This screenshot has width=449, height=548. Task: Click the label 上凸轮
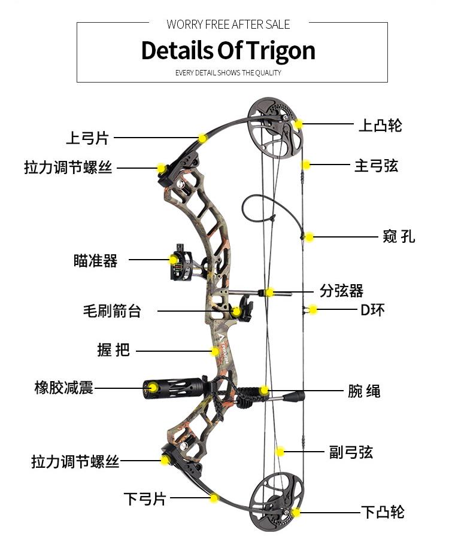[x=380, y=126]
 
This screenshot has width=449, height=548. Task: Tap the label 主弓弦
[x=376, y=166]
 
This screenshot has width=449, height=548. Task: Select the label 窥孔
[x=398, y=237]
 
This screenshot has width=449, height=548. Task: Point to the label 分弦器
[x=342, y=291]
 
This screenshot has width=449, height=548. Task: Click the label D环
[x=372, y=310]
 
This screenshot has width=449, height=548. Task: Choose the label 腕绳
[x=364, y=392]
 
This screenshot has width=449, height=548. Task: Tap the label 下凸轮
[x=383, y=512]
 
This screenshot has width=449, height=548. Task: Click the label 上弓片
[x=87, y=138]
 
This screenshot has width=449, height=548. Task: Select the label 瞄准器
[x=96, y=261]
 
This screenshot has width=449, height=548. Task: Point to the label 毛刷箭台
[x=112, y=311]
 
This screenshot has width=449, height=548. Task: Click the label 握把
[x=114, y=351]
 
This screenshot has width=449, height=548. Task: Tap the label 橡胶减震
[x=64, y=388]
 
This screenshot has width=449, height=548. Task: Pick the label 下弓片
[x=145, y=498]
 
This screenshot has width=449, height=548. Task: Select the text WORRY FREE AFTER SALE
[x=228, y=25]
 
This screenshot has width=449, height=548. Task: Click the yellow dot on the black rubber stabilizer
[x=153, y=388]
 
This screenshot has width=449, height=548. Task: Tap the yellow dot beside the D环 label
[x=313, y=310]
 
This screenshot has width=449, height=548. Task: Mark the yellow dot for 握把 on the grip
[x=215, y=352]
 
